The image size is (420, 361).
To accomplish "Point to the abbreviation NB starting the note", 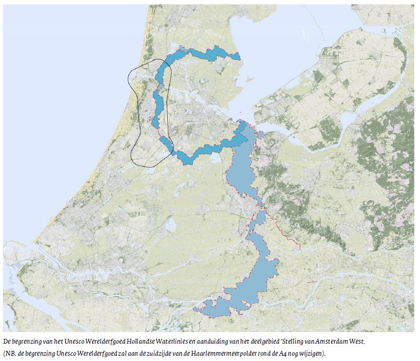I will (x=9, y=353).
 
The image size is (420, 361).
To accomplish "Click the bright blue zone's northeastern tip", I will (x=237, y=57).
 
